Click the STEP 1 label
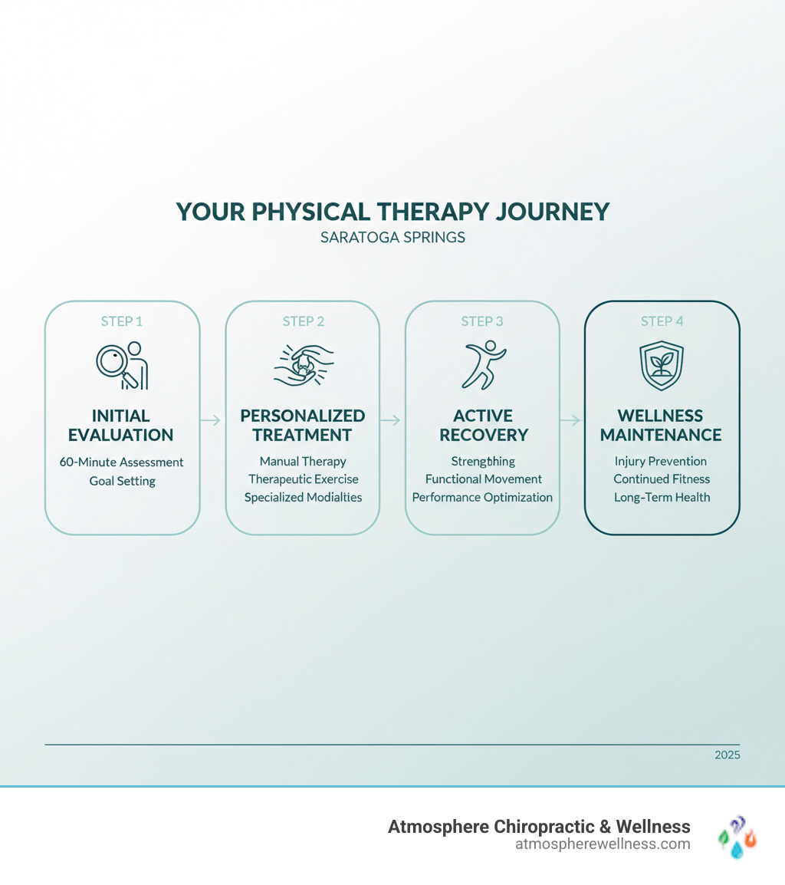click(122, 321)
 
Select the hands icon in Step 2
click(303, 365)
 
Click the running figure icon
click(482, 365)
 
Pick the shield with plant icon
click(662, 366)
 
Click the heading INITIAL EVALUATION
click(121, 425)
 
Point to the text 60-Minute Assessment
click(122, 462)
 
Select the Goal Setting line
click(122, 481)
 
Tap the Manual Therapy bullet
click(303, 462)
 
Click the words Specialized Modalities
click(303, 497)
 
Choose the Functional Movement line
click(483, 479)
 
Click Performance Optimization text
click(482, 497)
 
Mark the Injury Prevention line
click(661, 462)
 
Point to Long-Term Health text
click(662, 497)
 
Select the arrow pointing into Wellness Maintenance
click(572, 419)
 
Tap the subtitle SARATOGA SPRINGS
click(392, 238)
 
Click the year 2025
click(727, 755)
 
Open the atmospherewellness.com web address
click(603, 844)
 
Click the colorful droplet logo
click(737, 836)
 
